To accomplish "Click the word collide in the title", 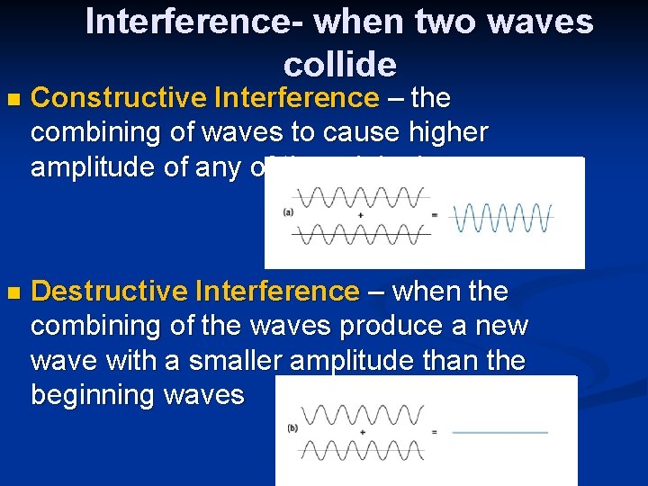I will click(339, 64).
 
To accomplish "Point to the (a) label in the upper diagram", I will click(288, 212).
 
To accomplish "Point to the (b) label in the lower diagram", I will click(292, 428).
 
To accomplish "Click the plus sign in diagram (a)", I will click(360, 215).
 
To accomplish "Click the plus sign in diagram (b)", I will click(362, 432).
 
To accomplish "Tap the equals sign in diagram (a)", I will click(434, 215).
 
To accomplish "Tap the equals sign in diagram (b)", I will click(435, 432).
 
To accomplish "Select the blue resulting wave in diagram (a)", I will click(501, 217).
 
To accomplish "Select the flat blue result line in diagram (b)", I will click(499, 433).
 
